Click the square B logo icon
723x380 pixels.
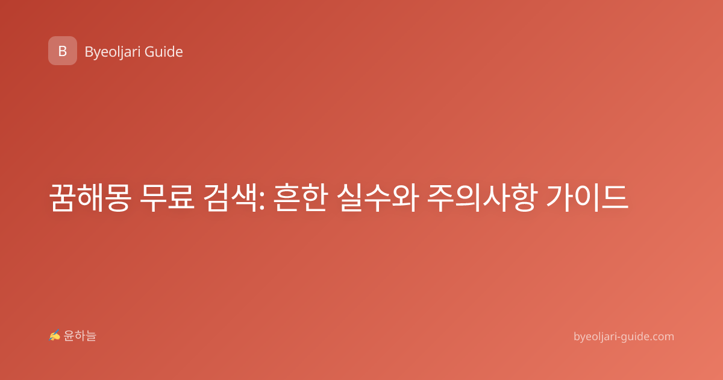pos(63,51)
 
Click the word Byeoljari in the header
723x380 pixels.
pos(112,52)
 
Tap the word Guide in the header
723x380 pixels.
pos(164,52)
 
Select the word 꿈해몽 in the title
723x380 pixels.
pos(90,197)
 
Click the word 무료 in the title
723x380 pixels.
pos(167,197)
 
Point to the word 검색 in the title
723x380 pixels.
pos(230,197)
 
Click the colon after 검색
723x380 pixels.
pos(261,202)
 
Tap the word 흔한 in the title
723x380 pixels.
pos(301,197)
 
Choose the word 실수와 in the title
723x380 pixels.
pos(378,197)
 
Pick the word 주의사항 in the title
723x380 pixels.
pos(483,197)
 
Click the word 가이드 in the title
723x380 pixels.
pos(587,197)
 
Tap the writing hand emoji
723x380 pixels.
pos(55,335)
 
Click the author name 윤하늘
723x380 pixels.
pos(80,336)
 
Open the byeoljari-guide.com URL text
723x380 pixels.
pos(624,337)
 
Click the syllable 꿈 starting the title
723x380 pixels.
pos(63,197)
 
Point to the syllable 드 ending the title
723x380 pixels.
pos(615,197)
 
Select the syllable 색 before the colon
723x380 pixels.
pos(244,197)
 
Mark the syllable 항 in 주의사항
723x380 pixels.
pos(524,197)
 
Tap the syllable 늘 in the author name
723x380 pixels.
pos(91,336)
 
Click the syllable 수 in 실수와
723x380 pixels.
pos(378,197)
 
